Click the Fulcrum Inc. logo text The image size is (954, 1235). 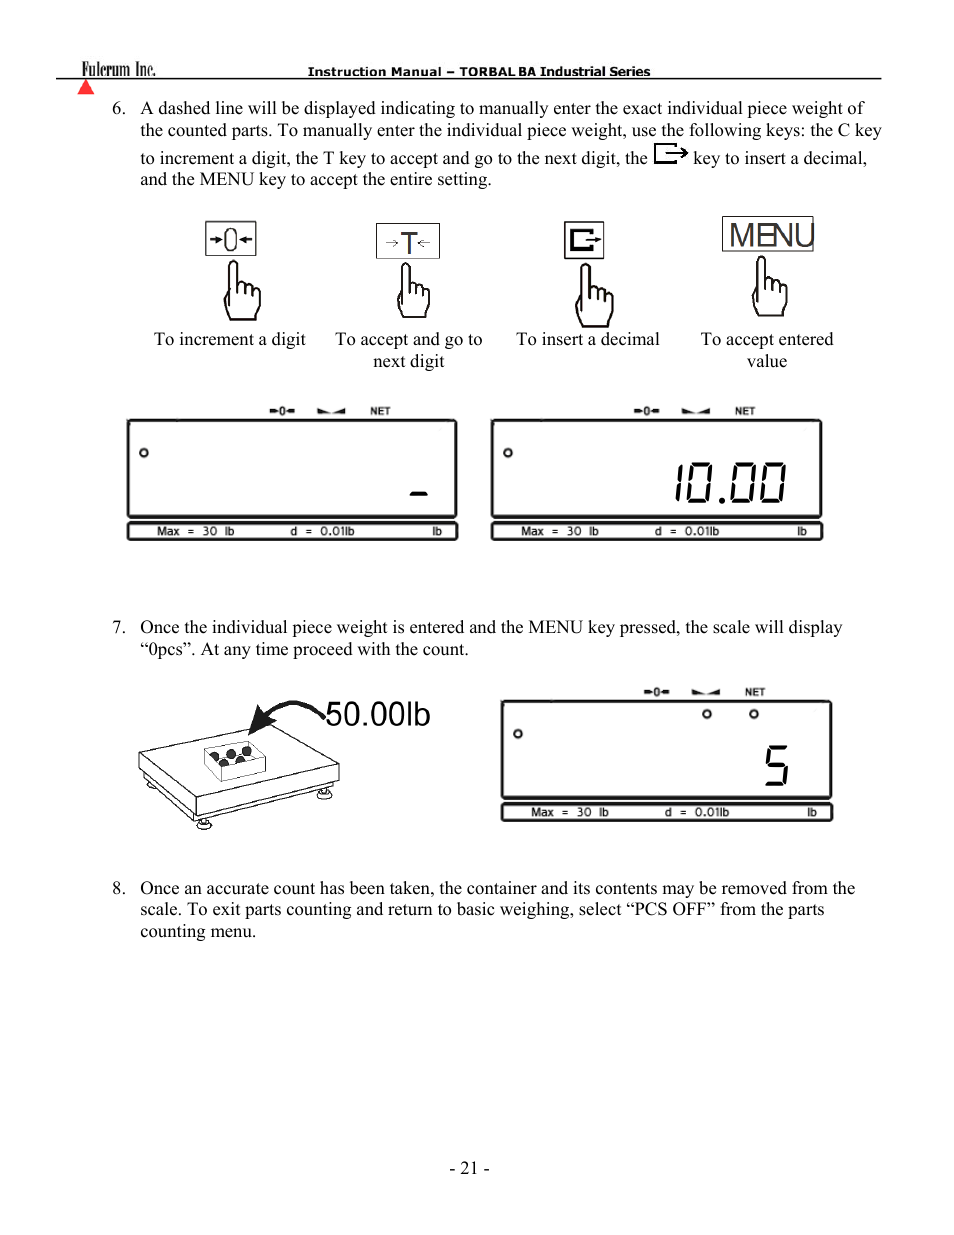click(x=118, y=69)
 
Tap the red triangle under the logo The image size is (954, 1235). click(x=86, y=87)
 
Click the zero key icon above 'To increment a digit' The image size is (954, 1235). click(x=231, y=239)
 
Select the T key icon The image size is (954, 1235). click(x=408, y=241)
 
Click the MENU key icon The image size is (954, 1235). click(x=768, y=234)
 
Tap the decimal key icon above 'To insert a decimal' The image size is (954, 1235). click(x=584, y=240)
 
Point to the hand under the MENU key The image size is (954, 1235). click(x=769, y=287)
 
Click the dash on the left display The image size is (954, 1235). click(x=419, y=493)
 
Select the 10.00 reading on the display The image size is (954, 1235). click(x=730, y=483)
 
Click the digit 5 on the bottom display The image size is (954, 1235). click(x=777, y=765)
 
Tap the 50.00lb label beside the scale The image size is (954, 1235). click(x=378, y=714)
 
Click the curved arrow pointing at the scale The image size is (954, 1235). click(x=286, y=714)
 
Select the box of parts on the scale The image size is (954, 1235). click(x=235, y=759)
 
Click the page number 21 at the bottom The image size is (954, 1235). click(x=469, y=1168)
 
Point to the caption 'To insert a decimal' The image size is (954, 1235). click(x=588, y=339)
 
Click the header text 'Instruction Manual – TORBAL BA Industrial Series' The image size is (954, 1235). click(x=479, y=72)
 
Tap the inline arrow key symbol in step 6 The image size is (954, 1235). click(x=670, y=154)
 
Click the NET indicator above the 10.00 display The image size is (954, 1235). click(x=745, y=411)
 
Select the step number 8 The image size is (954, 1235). click(x=118, y=888)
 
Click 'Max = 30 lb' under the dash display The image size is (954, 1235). click(x=196, y=531)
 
